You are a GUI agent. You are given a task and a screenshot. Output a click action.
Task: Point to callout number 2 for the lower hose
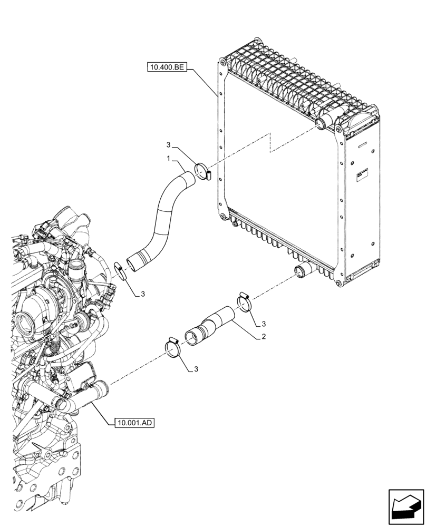point(262,337)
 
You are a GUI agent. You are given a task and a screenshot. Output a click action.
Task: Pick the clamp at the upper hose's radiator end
point(202,171)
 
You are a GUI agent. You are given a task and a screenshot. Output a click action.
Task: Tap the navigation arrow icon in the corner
point(405,507)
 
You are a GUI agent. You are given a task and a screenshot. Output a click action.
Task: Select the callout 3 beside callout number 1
point(168,144)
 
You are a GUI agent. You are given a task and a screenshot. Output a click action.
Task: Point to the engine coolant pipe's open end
point(103,391)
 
